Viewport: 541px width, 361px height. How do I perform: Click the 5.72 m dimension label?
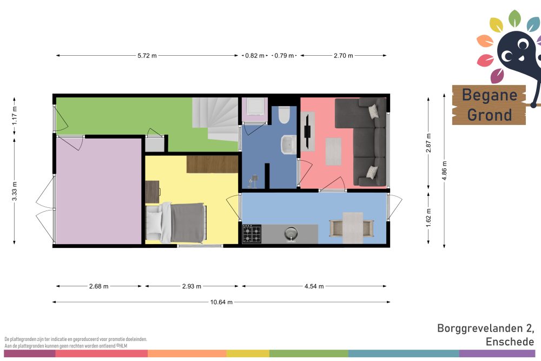pyautogui.click(x=147, y=56)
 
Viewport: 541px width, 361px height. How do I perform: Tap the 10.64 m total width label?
pyautogui.click(x=221, y=303)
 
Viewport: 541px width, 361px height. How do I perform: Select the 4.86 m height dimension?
pyautogui.click(x=444, y=170)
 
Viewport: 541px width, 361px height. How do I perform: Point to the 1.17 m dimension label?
pyautogui.click(x=15, y=116)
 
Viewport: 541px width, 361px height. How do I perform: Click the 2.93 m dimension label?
pyautogui.click(x=192, y=286)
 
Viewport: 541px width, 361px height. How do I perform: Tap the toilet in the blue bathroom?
pyautogui.click(x=284, y=115)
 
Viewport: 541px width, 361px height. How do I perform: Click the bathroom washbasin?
pyautogui.click(x=288, y=145)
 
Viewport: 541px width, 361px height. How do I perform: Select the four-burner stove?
pyautogui.click(x=252, y=234)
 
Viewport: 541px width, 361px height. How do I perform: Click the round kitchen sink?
pyautogui.click(x=291, y=234)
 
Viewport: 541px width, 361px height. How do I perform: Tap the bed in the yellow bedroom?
pyautogui.click(x=176, y=222)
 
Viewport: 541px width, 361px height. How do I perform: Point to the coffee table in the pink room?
pyautogui.click(x=333, y=151)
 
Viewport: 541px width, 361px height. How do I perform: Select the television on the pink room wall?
pyautogui.click(x=307, y=131)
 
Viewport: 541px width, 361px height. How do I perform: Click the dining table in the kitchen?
pyautogui.click(x=352, y=228)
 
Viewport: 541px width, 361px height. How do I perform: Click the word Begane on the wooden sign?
pyautogui.click(x=489, y=95)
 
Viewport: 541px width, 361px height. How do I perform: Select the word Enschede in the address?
pyautogui.click(x=510, y=342)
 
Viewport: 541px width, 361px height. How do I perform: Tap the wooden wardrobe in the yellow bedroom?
pyautogui.click(x=213, y=165)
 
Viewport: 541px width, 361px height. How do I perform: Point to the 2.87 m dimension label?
pyautogui.click(x=428, y=143)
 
